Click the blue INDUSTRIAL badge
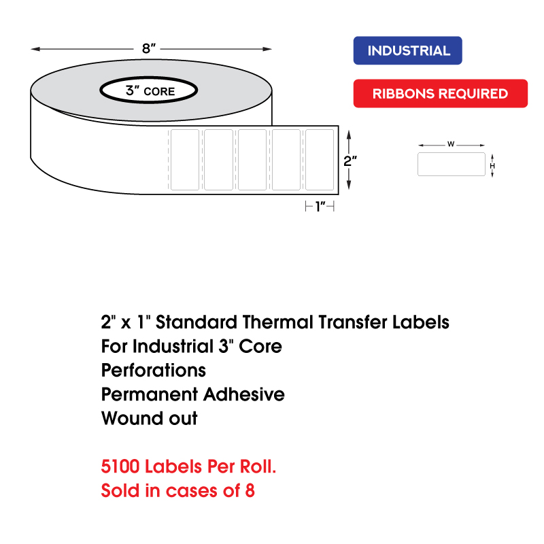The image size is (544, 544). tap(407, 50)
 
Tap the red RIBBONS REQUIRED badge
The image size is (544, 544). tap(440, 93)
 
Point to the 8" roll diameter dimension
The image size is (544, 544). tap(149, 48)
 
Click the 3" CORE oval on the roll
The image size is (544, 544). tap(149, 90)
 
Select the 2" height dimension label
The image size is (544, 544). tap(350, 161)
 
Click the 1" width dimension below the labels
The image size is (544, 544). tap(320, 207)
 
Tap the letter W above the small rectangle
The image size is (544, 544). tap(451, 144)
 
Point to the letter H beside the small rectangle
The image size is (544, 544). tap(492, 166)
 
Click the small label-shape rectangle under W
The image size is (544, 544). tap(452, 164)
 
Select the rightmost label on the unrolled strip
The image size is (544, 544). tap(320, 160)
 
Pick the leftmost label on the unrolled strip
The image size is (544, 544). tap(185, 160)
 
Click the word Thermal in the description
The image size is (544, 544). tap(279, 322)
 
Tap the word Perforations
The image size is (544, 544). tap(154, 371)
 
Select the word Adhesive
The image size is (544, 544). tap(244, 394)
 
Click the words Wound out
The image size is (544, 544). tap(149, 418)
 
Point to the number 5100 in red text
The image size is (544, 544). tap(120, 466)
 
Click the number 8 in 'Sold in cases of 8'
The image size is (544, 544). tap(250, 490)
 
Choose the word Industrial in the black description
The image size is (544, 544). tap(173, 346)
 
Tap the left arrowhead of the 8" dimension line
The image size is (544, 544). tap(35, 49)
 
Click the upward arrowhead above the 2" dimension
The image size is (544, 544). tap(349, 135)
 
